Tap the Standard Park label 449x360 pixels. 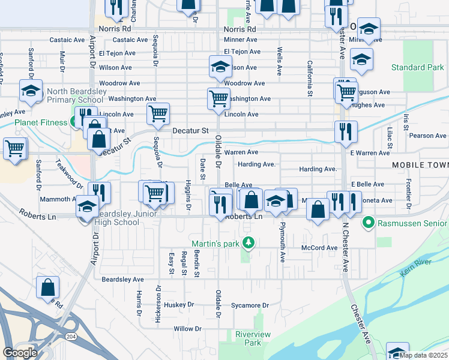(x=417, y=68)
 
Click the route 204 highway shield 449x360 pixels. (x=71, y=337)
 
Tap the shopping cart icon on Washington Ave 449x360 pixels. (x=218, y=97)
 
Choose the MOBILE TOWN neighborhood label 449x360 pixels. (x=420, y=164)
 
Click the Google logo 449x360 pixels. (x=20, y=353)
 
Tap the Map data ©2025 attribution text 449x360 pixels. (x=423, y=355)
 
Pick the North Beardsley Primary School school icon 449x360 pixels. (x=29, y=91)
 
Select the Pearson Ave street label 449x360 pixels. (x=428, y=136)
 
